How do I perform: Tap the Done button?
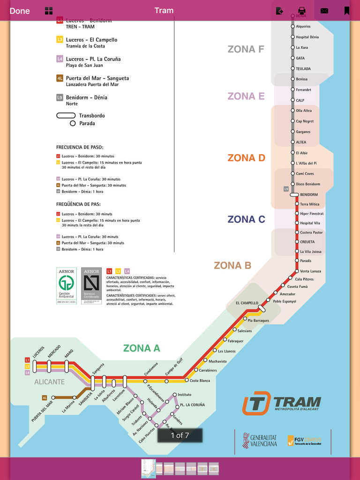(19, 11)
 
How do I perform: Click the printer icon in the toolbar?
(302, 11)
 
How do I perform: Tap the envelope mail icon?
(324, 11)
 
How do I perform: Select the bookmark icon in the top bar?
(347, 11)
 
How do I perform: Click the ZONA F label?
(246, 49)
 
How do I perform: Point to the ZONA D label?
(246, 158)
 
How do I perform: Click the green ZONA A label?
(142, 348)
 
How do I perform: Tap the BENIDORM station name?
(308, 195)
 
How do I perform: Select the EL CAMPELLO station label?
(247, 303)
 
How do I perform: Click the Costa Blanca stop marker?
(186, 380)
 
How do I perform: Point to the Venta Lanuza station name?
(310, 271)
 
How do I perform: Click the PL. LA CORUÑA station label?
(192, 405)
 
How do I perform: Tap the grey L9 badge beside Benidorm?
(286, 189)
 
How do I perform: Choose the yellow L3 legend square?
(60, 40)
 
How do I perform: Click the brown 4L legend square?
(60, 78)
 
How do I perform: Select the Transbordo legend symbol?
(66, 115)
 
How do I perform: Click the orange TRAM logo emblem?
(256, 403)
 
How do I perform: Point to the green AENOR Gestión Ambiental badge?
(66, 286)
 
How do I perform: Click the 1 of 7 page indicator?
(180, 435)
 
